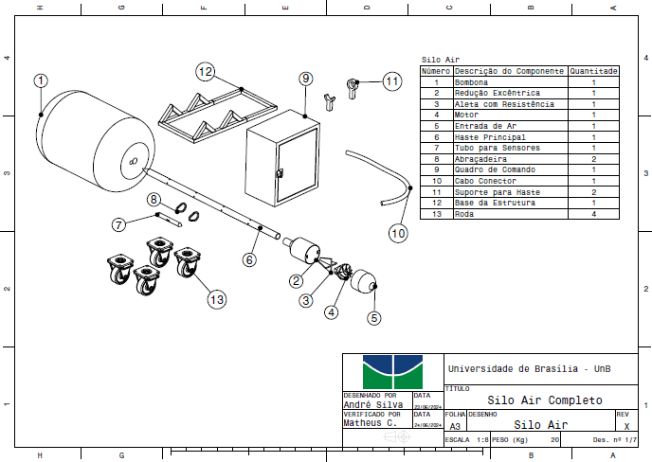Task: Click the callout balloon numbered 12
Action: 207,71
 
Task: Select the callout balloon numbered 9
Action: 305,78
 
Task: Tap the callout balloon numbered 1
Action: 40,81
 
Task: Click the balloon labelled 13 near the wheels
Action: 217,299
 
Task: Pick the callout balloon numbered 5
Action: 373,318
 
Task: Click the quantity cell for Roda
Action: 593,213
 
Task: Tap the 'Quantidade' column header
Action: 593,71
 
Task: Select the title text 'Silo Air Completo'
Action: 545,400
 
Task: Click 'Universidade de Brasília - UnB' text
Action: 529,368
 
